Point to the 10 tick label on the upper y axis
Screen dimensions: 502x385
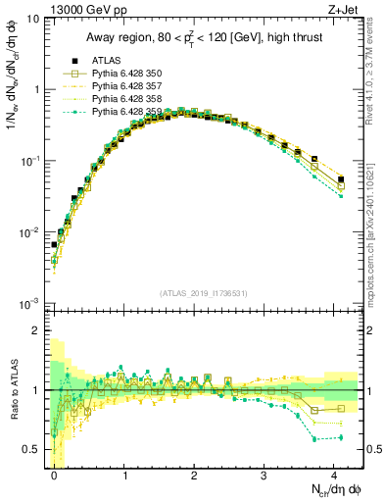coord(31,18)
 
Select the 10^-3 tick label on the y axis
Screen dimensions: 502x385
coord(29,303)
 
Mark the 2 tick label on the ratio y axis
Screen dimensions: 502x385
coord(35,331)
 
